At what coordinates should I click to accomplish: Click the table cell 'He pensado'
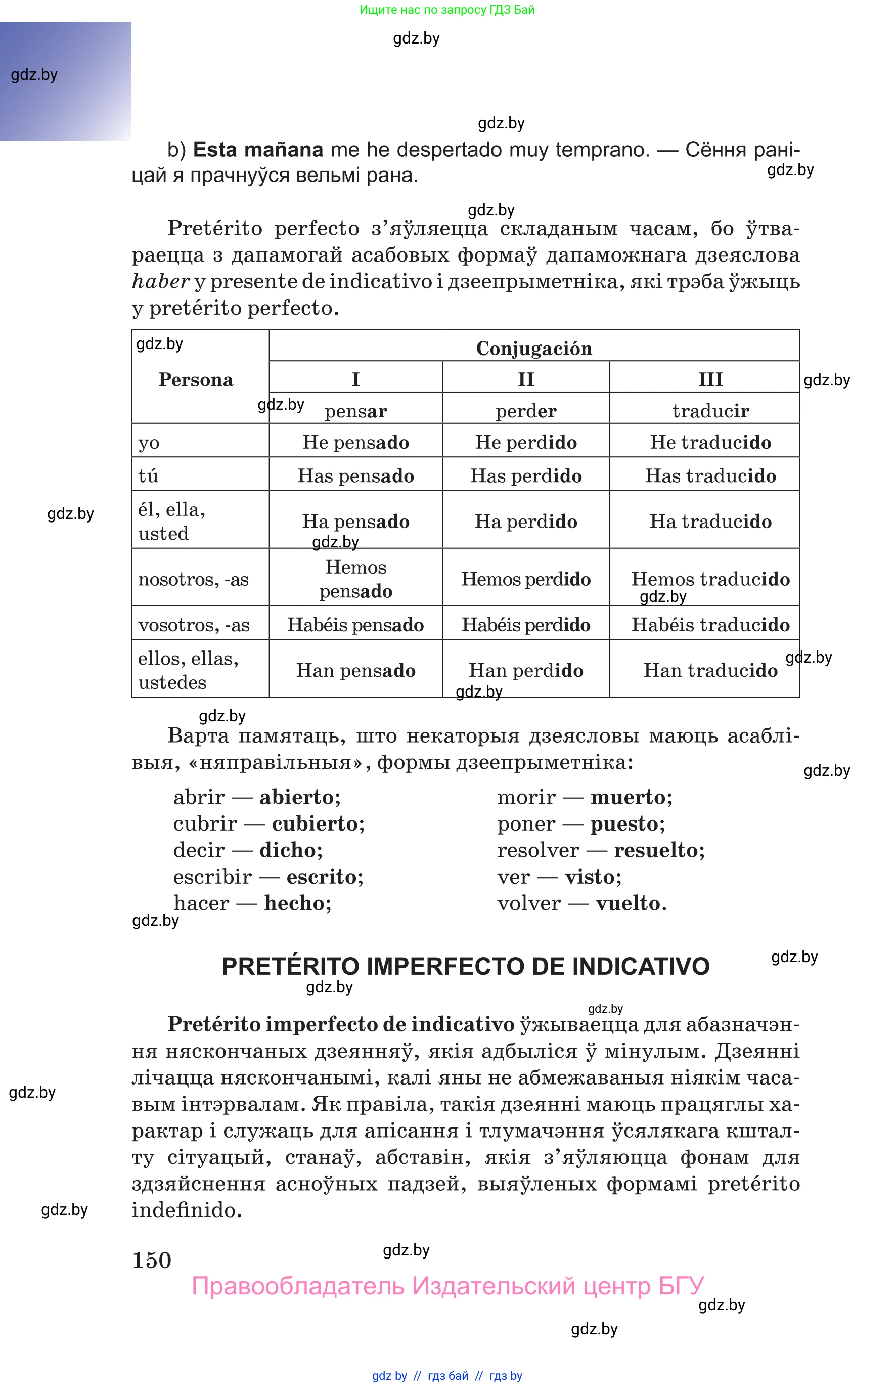tap(355, 442)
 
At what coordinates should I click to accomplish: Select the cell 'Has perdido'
tap(525, 475)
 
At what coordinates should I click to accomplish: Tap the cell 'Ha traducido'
tap(710, 521)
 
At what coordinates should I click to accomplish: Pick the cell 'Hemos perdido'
tap(525, 579)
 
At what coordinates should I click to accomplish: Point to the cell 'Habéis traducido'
tap(710, 625)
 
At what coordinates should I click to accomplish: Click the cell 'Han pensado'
tap(355, 670)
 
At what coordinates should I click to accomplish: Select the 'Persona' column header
tap(196, 379)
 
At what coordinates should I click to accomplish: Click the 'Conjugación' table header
tap(533, 348)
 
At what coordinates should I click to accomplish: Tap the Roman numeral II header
tap(525, 379)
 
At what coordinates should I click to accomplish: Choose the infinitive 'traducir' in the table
tap(710, 411)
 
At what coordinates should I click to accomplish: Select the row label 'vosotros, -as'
tap(194, 625)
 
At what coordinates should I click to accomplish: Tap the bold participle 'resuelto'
tap(659, 850)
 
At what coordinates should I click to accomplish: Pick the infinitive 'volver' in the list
tap(528, 903)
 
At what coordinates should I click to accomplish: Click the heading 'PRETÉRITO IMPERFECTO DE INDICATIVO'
tap(466, 967)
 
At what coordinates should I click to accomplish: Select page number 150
tap(152, 1260)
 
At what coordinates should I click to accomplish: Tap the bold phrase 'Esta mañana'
tap(258, 150)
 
